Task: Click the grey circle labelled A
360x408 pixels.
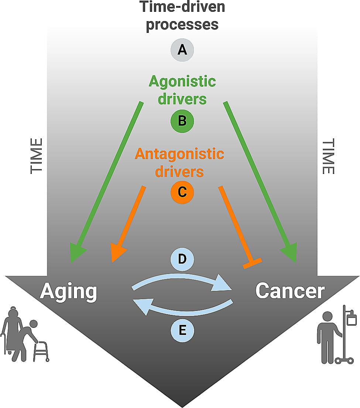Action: point(182,49)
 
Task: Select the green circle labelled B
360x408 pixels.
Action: point(182,121)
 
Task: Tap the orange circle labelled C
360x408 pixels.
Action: point(182,192)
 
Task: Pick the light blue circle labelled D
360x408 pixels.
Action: point(182,259)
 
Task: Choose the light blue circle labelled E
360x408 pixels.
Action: point(182,330)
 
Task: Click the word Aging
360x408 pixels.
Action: point(68,292)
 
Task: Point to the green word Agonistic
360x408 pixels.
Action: point(182,81)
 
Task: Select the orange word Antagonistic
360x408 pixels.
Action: point(179,153)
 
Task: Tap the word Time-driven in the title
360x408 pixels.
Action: point(182,7)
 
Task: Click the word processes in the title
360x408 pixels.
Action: point(182,24)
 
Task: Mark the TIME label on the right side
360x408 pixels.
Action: point(328,156)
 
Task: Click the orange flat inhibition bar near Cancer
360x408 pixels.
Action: point(252,263)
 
